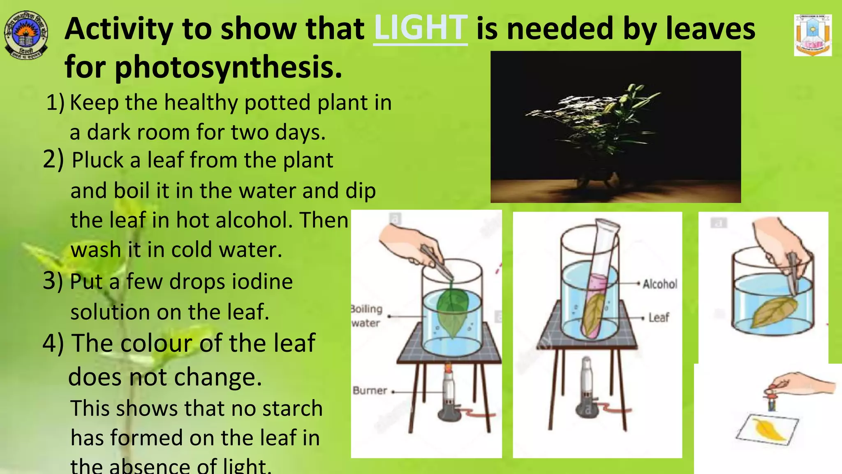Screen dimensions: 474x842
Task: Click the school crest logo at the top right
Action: (812, 35)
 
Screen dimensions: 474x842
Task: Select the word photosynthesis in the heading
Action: (228, 67)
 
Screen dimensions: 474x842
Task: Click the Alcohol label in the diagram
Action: (659, 284)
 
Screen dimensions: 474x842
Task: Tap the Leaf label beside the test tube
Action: (659, 318)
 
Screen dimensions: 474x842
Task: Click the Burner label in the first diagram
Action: (370, 390)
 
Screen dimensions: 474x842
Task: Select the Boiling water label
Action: (366, 316)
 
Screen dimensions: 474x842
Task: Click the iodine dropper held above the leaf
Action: (772, 399)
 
